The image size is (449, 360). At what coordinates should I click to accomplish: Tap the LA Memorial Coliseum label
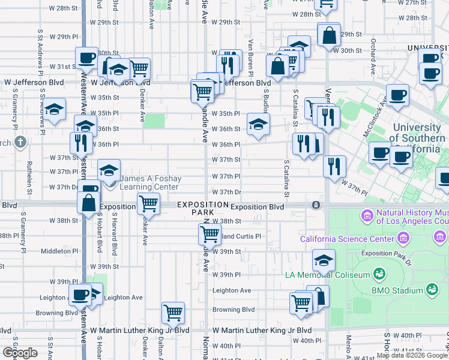336,275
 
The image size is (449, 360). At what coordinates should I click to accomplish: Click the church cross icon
20,142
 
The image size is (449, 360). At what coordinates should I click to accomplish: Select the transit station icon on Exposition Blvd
316,205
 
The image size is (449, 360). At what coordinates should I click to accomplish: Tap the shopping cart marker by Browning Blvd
173,312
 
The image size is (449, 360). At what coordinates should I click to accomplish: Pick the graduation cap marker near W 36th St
259,125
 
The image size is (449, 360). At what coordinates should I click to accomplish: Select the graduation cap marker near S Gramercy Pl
55,110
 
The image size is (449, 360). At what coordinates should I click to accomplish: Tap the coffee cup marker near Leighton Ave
80,294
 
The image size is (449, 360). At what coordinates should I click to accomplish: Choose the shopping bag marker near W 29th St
330,35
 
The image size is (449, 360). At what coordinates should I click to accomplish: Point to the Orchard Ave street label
373,53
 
